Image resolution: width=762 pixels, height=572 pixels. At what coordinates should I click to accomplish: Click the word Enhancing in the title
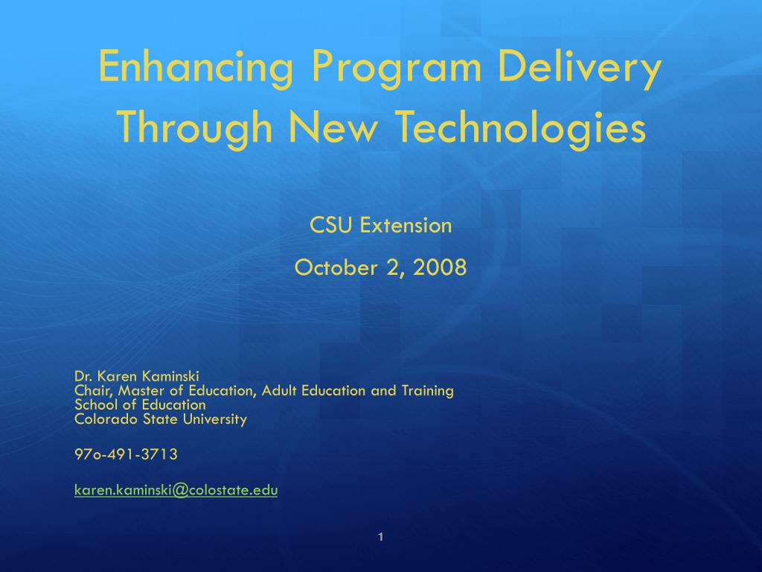click(196, 67)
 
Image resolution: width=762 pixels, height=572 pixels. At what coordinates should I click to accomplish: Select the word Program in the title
click(397, 67)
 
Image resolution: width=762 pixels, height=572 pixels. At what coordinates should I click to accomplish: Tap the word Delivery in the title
click(580, 67)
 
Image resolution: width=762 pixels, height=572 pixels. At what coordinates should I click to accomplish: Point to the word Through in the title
click(195, 127)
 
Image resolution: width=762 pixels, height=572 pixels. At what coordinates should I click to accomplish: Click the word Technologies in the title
click(522, 127)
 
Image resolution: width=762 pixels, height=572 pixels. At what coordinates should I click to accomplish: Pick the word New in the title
click(333, 127)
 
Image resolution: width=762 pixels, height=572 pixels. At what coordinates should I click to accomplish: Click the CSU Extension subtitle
click(381, 225)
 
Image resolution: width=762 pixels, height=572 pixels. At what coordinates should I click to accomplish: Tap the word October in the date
click(336, 267)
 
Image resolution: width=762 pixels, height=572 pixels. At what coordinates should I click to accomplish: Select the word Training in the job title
click(428, 391)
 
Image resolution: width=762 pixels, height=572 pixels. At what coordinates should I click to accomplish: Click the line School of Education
click(140, 404)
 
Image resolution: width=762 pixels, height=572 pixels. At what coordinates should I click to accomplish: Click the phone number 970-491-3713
click(126, 454)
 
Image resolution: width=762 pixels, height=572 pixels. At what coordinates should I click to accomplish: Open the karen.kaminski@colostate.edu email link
click(176, 490)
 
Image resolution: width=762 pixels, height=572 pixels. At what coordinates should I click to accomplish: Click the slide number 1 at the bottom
click(380, 537)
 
